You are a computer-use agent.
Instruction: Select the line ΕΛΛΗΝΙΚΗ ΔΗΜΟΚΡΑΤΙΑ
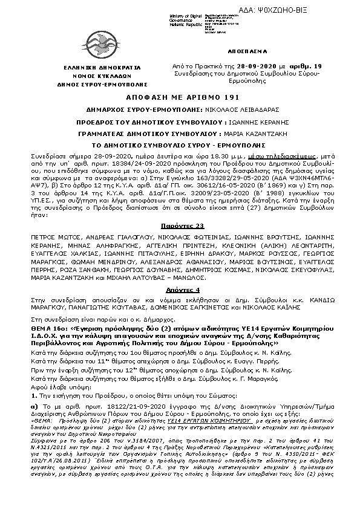(x=64, y=63)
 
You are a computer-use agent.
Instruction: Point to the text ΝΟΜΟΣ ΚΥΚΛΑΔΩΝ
(x=64, y=71)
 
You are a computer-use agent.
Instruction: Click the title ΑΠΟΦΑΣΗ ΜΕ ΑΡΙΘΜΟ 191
(x=180, y=97)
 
